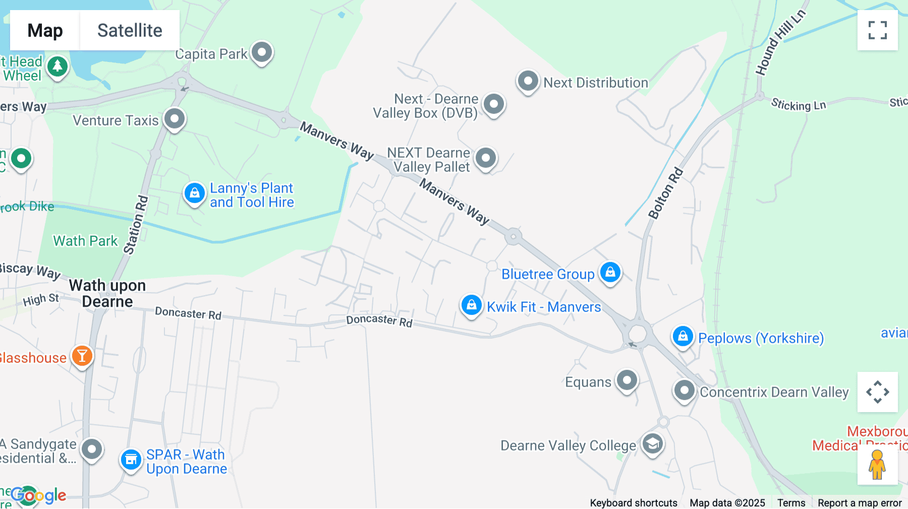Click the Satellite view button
tap(130, 30)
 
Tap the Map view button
tap(45, 30)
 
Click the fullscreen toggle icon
tap(877, 30)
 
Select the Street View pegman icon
tap(877, 464)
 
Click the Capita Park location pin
tap(262, 52)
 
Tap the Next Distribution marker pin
tap(528, 81)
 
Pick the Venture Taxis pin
tap(175, 119)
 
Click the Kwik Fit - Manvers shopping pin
tap(472, 305)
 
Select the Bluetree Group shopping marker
tap(610, 273)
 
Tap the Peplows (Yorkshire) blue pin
tap(683, 336)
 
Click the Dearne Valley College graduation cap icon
tap(652, 444)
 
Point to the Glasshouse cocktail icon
tap(82, 356)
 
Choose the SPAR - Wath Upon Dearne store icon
tap(131, 460)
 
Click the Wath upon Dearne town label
tap(107, 293)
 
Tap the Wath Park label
tap(85, 241)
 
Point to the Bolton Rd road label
tap(666, 194)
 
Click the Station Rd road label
tap(136, 225)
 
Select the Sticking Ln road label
tap(798, 105)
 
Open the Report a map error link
tap(860, 503)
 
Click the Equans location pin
tap(627, 380)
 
